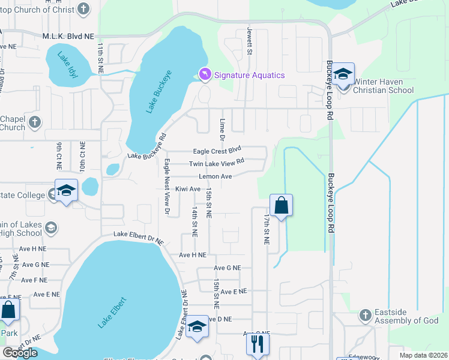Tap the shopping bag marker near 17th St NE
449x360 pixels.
pos(281,206)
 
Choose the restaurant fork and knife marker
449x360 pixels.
pos(258,344)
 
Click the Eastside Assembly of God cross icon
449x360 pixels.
pos(366,315)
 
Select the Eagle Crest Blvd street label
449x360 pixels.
pos(216,150)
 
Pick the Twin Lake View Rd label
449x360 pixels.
pos(217,163)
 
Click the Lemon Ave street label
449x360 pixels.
pos(215,176)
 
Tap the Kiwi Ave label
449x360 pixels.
pos(187,189)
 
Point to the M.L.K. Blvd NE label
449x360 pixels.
pos(68,36)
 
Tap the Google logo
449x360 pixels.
pos(20,353)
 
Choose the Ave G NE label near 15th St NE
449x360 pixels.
pos(228,268)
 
